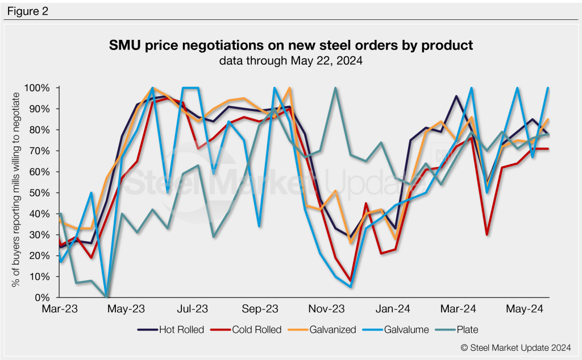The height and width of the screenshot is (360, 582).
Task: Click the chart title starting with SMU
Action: click(x=290, y=45)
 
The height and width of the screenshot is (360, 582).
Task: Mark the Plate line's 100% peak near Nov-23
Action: click(x=336, y=89)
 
